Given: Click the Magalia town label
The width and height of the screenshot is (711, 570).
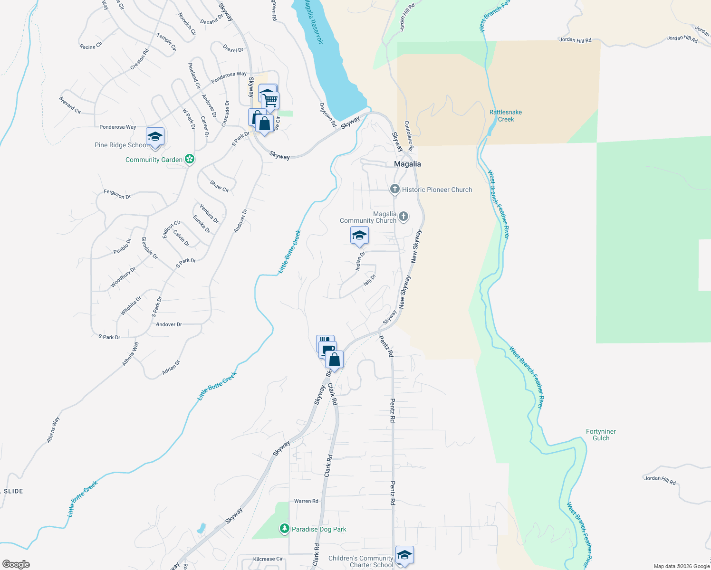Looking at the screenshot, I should [x=407, y=164].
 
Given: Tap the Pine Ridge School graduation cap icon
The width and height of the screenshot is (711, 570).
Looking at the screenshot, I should [x=155, y=137].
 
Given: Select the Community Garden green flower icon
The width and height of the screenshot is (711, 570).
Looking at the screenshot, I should [x=190, y=159].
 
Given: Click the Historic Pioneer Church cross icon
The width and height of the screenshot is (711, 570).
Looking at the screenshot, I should [x=394, y=190].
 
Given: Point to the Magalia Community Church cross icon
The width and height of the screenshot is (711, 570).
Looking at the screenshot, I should [x=403, y=217].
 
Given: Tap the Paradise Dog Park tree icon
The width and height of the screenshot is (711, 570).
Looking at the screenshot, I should [x=284, y=529].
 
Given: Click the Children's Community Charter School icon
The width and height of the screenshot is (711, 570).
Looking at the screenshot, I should [x=404, y=555].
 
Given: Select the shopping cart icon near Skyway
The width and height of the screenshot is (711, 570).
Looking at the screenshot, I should [x=270, y=101].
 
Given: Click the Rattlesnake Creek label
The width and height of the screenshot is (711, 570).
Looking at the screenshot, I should [x=506, y=116].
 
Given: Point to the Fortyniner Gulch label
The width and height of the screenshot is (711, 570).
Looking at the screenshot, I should [x=601, y=435].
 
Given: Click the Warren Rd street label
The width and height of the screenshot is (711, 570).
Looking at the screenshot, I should [x=306, y=501].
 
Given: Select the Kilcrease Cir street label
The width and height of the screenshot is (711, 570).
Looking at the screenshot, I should [x=268, y=559].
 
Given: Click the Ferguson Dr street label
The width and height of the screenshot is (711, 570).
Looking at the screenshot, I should [x=117, y=194].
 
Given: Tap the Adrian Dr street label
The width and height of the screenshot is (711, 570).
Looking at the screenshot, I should [x=171, y=367].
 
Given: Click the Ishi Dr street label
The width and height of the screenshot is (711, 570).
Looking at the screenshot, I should [x=369, y=280].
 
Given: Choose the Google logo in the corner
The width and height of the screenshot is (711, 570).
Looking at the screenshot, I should [x=16, y=564].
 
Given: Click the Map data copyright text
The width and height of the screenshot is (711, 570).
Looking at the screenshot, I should [x=681, y=566].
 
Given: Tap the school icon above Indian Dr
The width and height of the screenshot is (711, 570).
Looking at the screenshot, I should [x=359, y=236].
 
